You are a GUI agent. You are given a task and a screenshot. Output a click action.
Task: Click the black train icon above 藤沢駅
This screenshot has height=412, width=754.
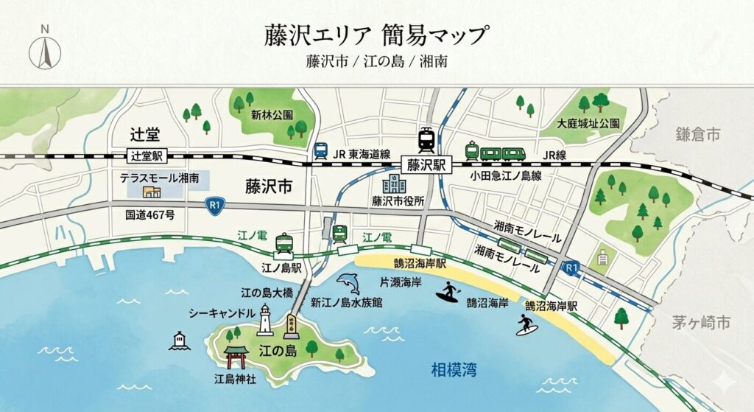point(426,138)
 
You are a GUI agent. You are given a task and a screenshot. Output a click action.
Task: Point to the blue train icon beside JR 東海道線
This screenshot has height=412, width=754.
point(320,151)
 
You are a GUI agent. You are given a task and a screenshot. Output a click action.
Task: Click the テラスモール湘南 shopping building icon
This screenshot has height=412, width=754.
point(152,192)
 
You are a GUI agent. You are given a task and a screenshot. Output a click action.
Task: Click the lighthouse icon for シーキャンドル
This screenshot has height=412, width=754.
point(265,321)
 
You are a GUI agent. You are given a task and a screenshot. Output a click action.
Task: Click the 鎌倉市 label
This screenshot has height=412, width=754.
point(698,134)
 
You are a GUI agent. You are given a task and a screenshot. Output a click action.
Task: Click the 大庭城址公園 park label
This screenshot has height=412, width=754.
point(588,123)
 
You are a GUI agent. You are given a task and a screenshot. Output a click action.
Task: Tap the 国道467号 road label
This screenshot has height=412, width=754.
point(149,214)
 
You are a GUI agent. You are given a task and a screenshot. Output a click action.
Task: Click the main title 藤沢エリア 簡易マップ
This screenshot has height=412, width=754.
point(376,34)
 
